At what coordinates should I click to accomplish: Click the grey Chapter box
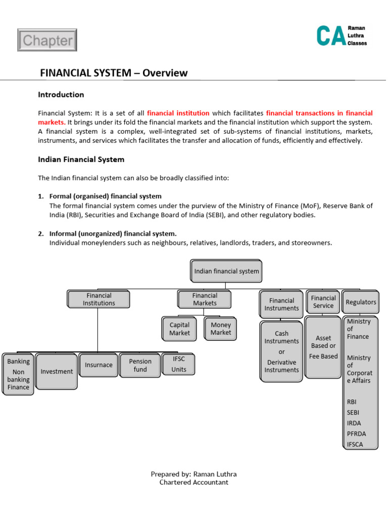(x=47, y=40)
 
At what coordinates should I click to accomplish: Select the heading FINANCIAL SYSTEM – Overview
(x=114, y=73)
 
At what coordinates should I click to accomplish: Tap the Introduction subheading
(x=61, y=94)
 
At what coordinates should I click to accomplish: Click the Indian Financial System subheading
(x=81, y=160)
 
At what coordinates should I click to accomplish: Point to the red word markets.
(x=51, y=122)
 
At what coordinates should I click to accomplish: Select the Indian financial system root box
(x=226, y=271)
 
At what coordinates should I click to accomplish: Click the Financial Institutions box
(x=99, y=299)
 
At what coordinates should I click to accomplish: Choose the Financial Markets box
(x=205, y=299)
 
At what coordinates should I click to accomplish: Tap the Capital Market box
(x=180, y=329)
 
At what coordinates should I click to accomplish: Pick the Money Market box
(x=221, y=329)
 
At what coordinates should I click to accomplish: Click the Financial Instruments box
(x=281, y=304)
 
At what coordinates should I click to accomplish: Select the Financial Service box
(x=323, y=302)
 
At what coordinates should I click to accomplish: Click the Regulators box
(x=361, y=302)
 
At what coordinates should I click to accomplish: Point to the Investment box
(x=57, y=372)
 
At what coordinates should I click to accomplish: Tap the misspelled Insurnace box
(x=99, y=365)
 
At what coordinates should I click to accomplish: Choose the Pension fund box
(x=140, y=366)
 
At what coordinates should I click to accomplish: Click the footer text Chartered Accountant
(x=193, y=482)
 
